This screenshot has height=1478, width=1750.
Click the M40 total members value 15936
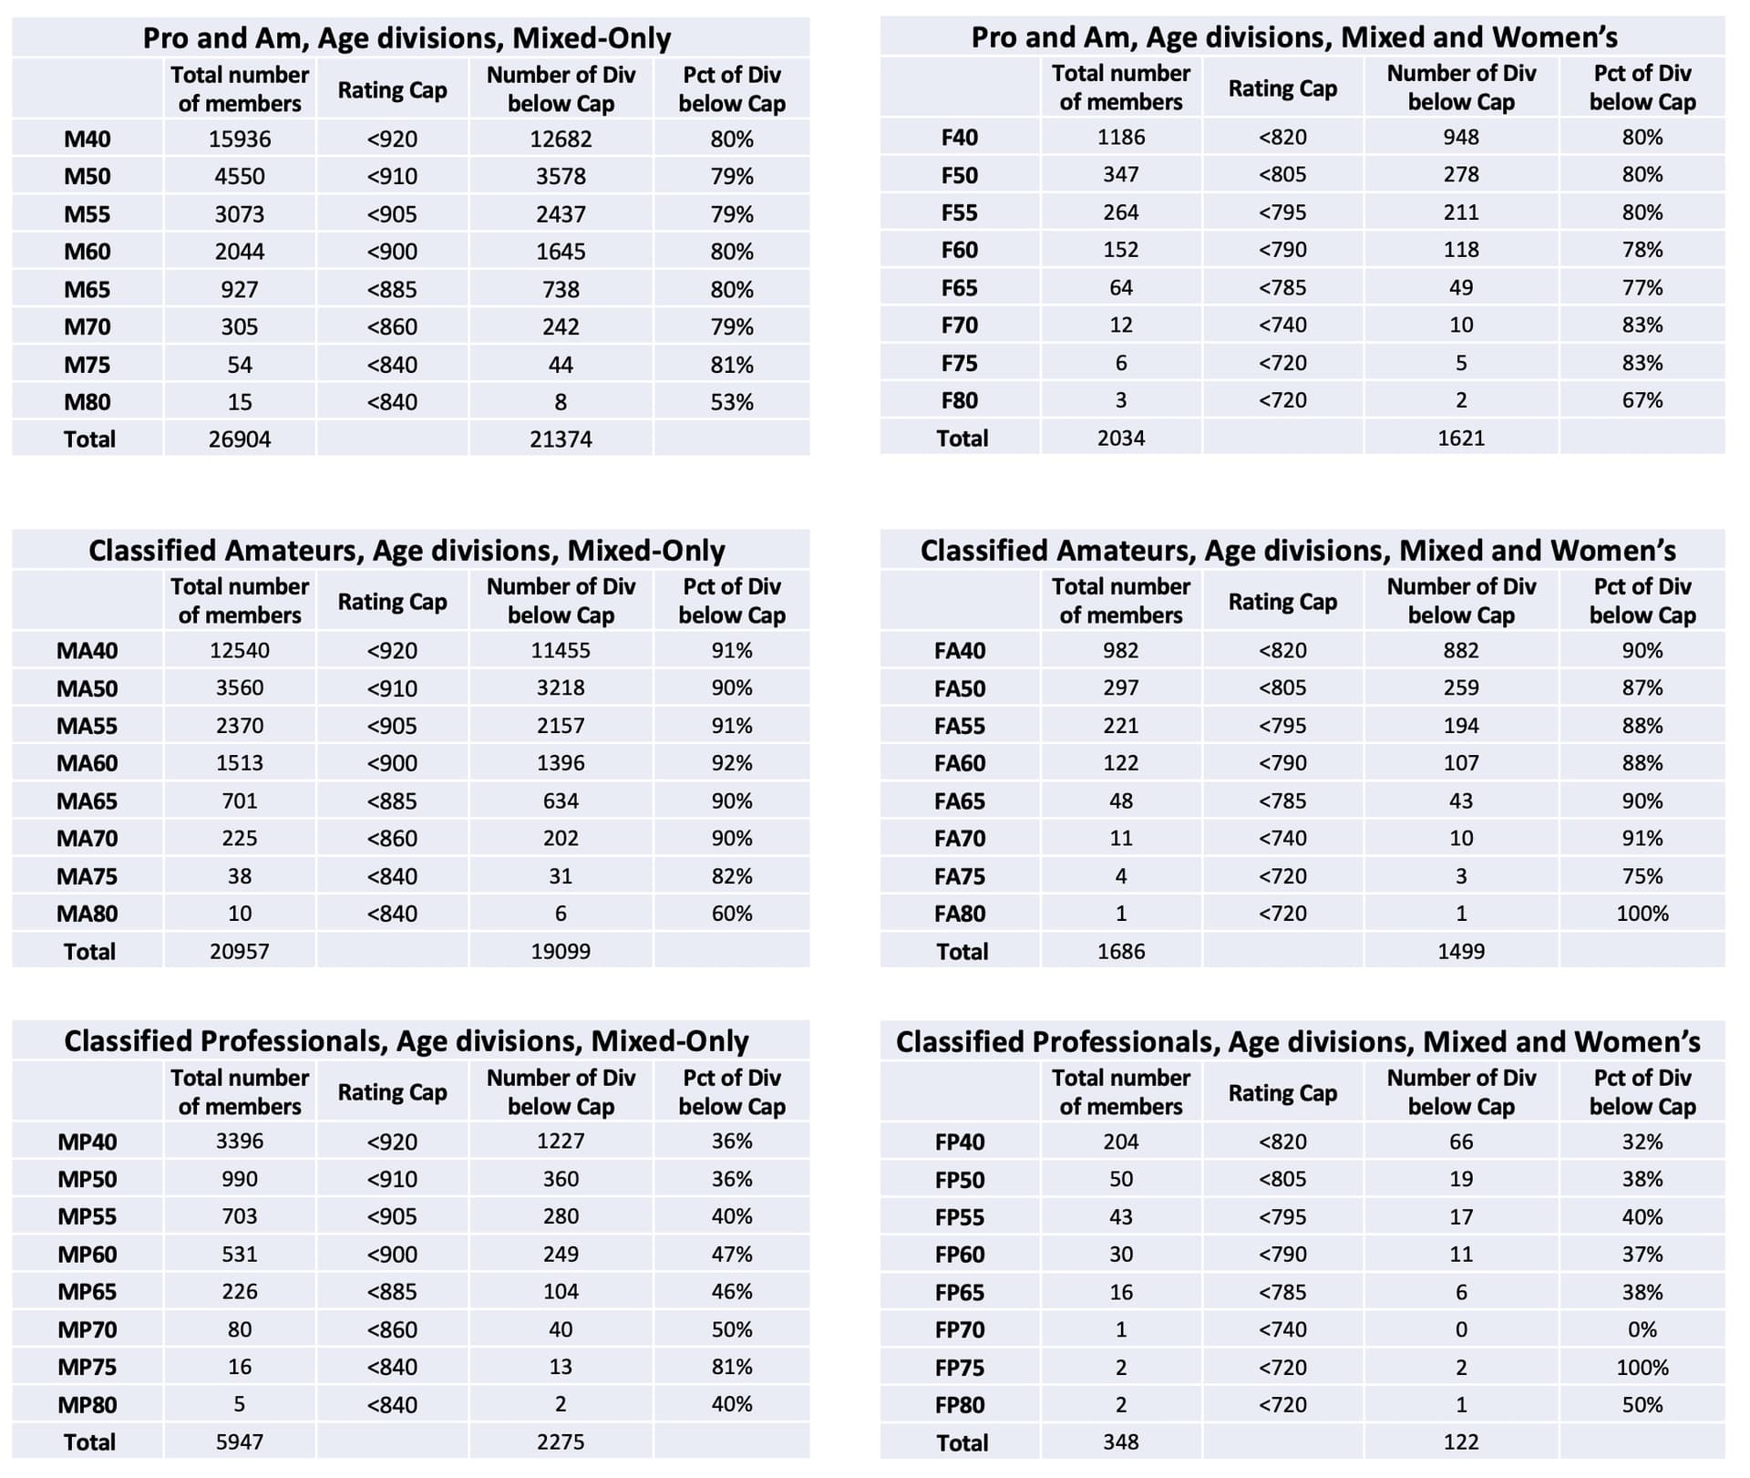(240, 139)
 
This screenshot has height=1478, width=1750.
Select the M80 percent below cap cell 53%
(732, 402)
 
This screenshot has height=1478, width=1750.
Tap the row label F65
(959, 288)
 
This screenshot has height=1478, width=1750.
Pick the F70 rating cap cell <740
(1282, 326)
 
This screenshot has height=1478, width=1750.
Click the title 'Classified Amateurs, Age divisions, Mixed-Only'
(407, 551)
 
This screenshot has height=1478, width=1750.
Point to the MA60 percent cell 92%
(732, 763)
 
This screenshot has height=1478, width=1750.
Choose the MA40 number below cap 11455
(561, 651)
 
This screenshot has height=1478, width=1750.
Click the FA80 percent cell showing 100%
(1642, 914)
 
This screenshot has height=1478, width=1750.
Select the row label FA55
(960, 727)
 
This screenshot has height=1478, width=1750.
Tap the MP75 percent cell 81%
(732, 1367)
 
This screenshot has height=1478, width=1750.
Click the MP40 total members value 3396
(240, 1142)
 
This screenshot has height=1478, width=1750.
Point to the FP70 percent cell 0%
(1642, 1330)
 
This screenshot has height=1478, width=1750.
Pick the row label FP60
(960, 1255)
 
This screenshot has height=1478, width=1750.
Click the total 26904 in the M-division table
(240, 439)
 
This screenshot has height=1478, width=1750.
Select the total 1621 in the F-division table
(1461, 439)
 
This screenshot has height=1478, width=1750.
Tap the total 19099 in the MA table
(561, 952)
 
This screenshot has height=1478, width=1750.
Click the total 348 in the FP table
(1121, 1442)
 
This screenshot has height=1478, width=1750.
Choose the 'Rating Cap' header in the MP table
(392, 1092)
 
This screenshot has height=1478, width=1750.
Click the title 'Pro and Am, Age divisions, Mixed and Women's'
(1294, 37)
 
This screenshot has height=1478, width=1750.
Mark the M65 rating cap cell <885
(392, 290)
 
